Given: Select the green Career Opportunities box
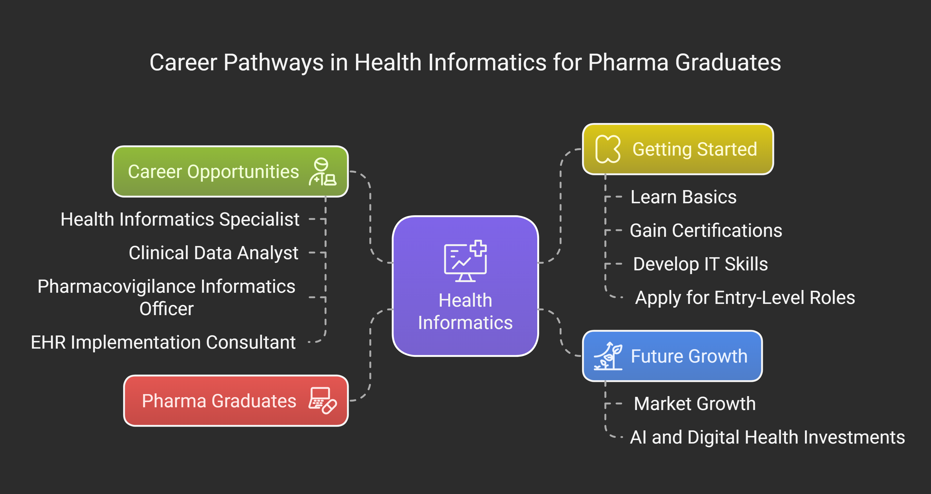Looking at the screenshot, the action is (x=230, y=171).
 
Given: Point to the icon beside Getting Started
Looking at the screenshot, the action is (x=608, y=149).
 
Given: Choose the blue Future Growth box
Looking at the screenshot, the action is (x=672, y=356).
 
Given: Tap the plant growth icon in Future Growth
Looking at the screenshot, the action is (x=608, y=356).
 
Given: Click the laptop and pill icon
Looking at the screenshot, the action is (x=322, y=401).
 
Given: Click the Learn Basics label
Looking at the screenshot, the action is (x=684, y=197).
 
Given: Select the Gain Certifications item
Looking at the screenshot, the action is (x=706, y=230).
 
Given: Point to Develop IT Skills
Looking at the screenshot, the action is (x=700, y=264).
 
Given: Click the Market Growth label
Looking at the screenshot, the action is (x=695, y=404).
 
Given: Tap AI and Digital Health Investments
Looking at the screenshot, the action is (x=767, y=437).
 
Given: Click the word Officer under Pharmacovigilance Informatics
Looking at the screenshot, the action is (x=167, y=309).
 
